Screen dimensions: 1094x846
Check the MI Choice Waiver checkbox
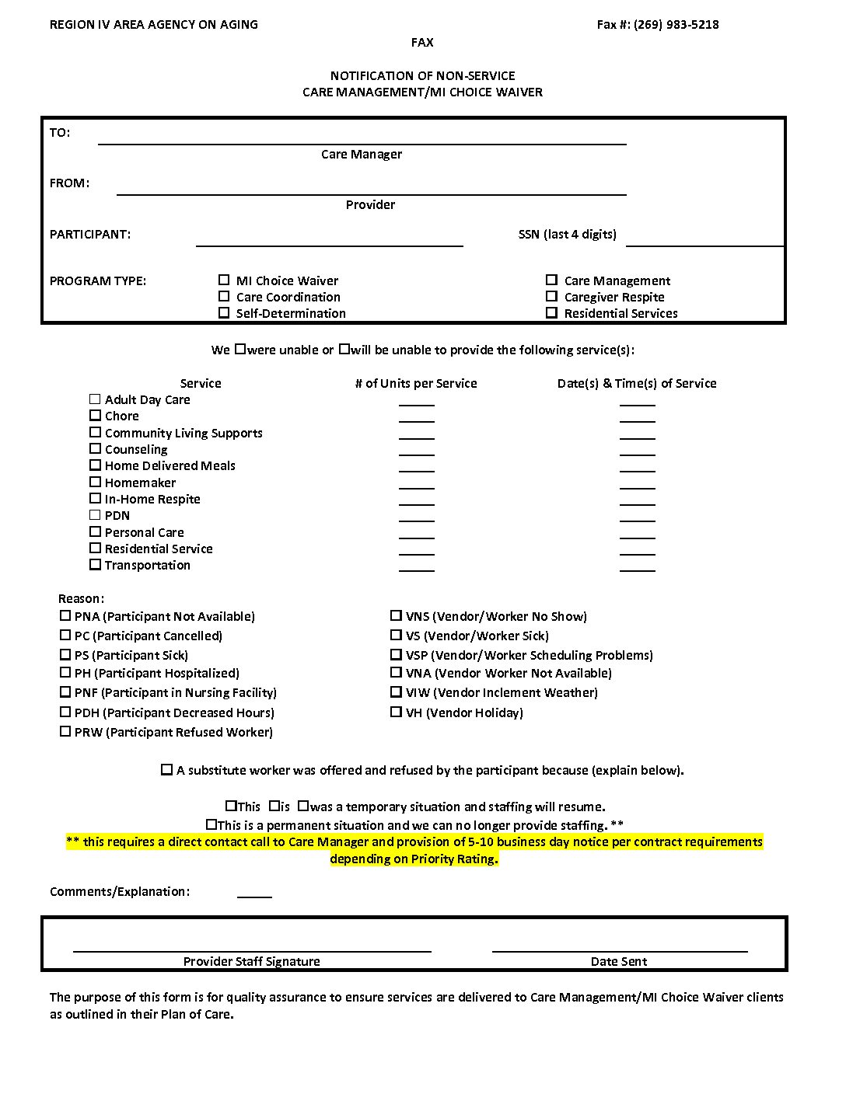pos(224,280)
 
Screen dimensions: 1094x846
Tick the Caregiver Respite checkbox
pos(552,296)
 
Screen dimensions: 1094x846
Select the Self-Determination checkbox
pos(224,312)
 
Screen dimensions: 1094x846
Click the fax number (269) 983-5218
pos(676,24)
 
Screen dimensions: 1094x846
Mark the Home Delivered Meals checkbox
pos(95,465)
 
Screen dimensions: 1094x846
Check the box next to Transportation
pos(95,564)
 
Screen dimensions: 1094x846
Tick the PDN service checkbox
pos(95,514)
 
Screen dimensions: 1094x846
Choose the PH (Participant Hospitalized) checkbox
pos(65,672)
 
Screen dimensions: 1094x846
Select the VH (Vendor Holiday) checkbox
pos(397,712)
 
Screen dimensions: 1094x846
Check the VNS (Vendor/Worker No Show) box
pos(397,615)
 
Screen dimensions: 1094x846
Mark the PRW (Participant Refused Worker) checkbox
pos(65,731)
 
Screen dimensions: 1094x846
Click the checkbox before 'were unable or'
pos(240,349)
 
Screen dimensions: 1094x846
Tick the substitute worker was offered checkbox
pos(166,769)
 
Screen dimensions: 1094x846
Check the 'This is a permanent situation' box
pos(211,824)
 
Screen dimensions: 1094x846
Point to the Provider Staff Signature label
pos(251,961)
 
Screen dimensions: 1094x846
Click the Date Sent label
pos(618,961)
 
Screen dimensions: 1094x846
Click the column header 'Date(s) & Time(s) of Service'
pos(636,383)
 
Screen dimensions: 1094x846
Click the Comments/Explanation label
pos(120,891)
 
